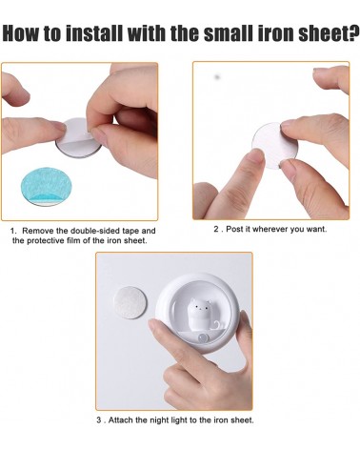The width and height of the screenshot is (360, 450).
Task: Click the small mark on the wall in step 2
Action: click(x=217, y=76)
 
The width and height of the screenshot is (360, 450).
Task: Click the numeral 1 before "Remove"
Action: click(x=13, y=231)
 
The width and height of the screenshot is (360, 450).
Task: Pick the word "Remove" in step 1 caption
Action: click(x=39, y=231)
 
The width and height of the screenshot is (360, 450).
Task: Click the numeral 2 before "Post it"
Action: click(x=217, y=229)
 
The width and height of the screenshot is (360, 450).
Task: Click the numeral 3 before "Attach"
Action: click(x=99, y=420)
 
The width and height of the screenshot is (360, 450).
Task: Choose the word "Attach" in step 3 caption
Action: click(x=124, y=420)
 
